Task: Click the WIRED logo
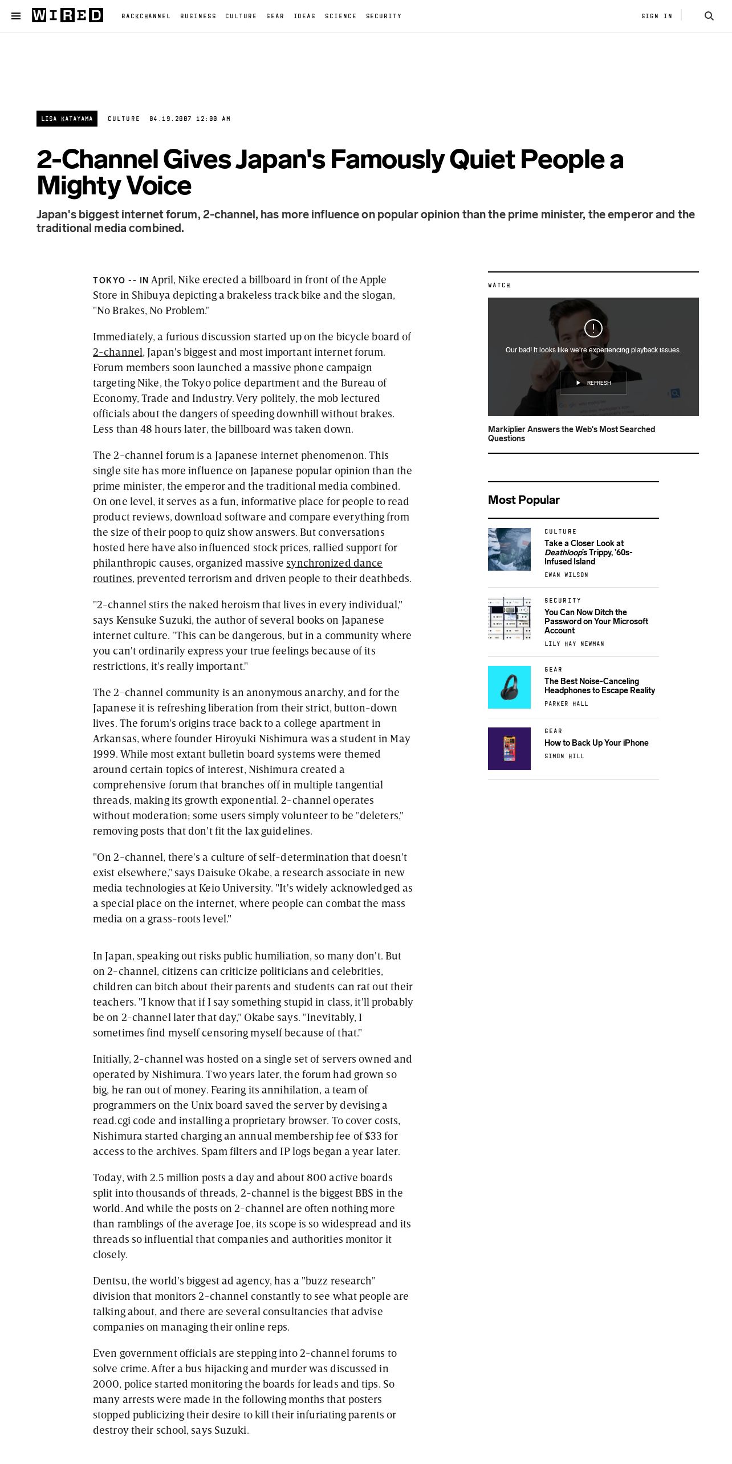click(67, 15)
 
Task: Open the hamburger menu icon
click(16, 16)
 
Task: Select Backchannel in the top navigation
click(146, 16)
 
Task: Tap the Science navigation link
click(340, 16)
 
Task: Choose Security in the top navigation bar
click(384, 16)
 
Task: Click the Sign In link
click(656, 16)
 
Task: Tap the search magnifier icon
click(709, 16)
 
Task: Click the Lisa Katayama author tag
click(67, 119)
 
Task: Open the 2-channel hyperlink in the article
click(117, 352)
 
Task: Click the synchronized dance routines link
click(334, 563)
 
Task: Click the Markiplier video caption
click(571, 433)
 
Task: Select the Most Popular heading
click(523, 500)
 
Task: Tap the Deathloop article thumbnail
click(509, 549)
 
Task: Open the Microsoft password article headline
click(596, 621)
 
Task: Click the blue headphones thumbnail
click(509, 687)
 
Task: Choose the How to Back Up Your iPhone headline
click(596, 743)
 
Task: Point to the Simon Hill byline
click(564, 756)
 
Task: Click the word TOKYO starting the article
click(109, 280)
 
